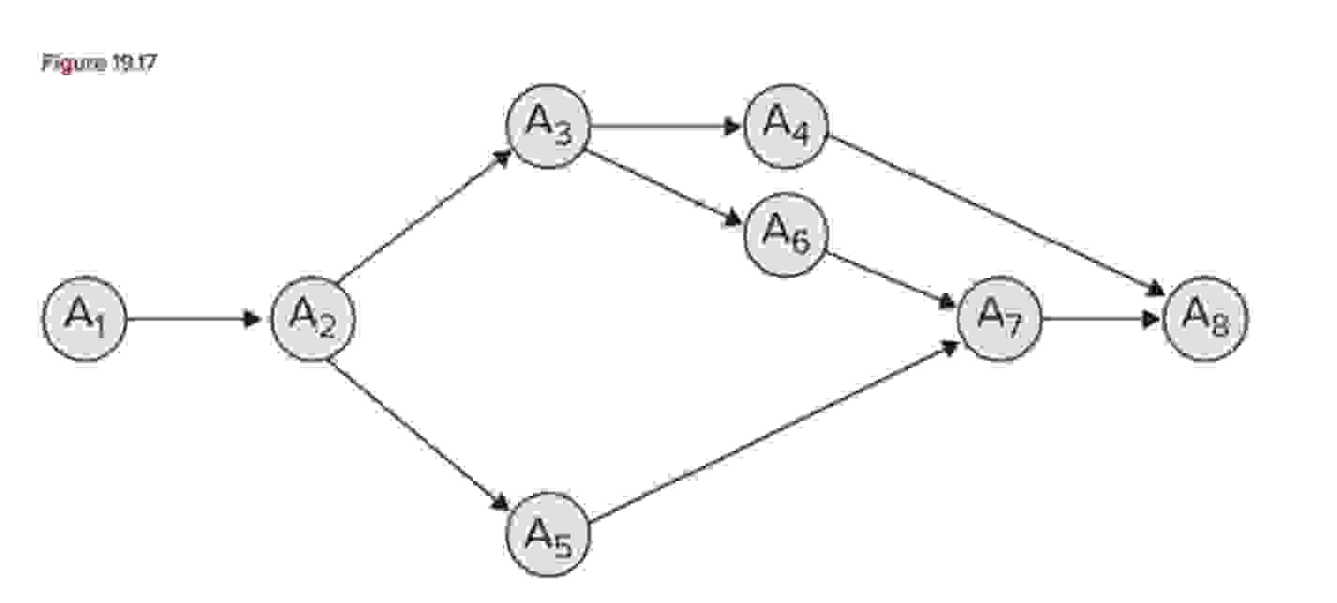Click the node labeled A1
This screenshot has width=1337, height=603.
tap(84, 319)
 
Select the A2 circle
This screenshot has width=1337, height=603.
tap(312, 319)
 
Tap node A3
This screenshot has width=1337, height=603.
tap(548, 127)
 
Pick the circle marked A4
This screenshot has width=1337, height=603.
tap(786, 127)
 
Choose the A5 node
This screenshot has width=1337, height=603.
tap(548, 534)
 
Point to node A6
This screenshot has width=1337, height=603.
tap(786, 234)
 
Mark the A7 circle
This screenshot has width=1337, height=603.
tap(999, 319)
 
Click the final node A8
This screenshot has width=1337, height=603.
tap(1206, 319)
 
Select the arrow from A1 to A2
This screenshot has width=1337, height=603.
tap(192, 319)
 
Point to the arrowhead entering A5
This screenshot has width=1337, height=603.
tap(499, 502)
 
